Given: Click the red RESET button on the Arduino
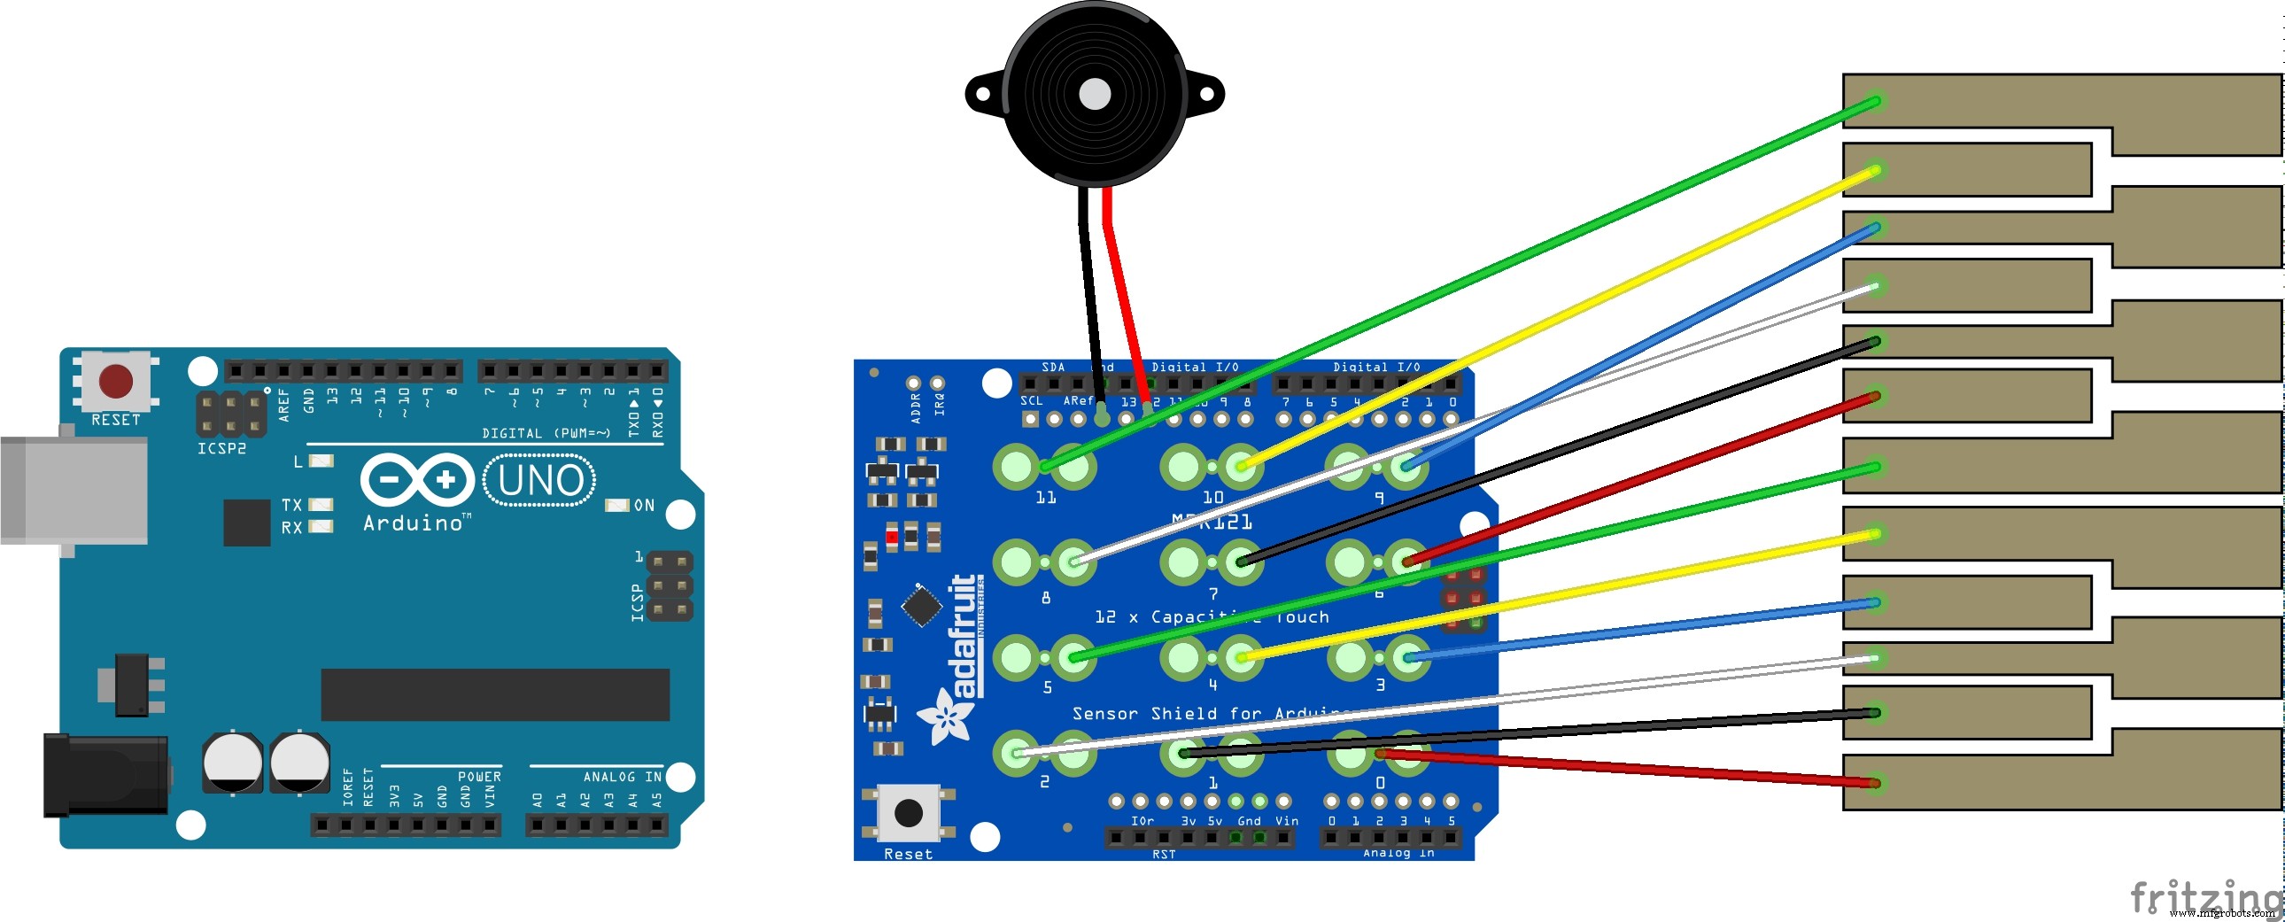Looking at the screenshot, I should (x=116, y=381).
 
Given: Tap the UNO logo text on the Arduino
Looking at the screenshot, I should (x=540, y=480).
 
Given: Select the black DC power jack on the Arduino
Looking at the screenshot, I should (x=105, y=775).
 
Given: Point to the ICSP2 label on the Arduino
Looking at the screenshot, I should (x=221, y=448).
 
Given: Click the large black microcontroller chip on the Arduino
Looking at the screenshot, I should (x=495, y=694).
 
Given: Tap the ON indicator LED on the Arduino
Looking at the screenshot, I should (x=616, y=505).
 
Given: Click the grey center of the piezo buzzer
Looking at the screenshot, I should (x=1094, y=94).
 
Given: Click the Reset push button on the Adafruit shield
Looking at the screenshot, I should (x=908, y=812).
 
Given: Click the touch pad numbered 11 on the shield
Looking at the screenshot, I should (x=1017, y=466).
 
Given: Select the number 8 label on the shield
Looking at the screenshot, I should (x=1046, y=598).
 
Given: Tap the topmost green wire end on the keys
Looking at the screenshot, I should (x=1875, y=101).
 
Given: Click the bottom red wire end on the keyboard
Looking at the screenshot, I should (x=1874, y=784).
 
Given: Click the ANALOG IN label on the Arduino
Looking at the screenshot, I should (x=622, y=777).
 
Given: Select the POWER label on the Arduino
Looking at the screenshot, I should (x=479, y=777).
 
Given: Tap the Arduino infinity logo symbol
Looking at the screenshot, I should (x=417, y=480).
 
